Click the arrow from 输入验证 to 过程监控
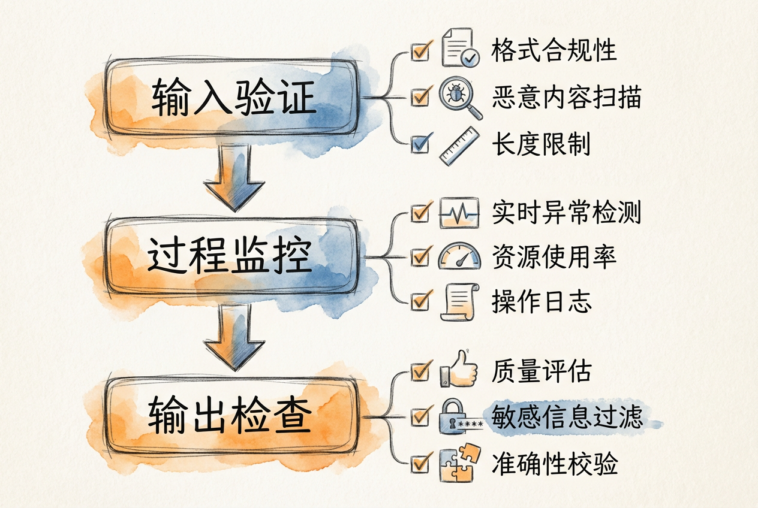(234, 180)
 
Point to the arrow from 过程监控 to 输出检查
(234, 337)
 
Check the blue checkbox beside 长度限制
(420, 144)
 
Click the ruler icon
(459, 145)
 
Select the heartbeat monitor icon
(459, 213)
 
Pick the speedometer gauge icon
(459, 256)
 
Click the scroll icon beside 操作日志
(459, 301)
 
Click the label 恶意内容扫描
(566, 97)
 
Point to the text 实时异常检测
(566, 213)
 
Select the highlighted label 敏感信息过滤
(567, 417)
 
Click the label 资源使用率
(554, 256)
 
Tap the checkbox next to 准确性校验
(420, 462)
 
